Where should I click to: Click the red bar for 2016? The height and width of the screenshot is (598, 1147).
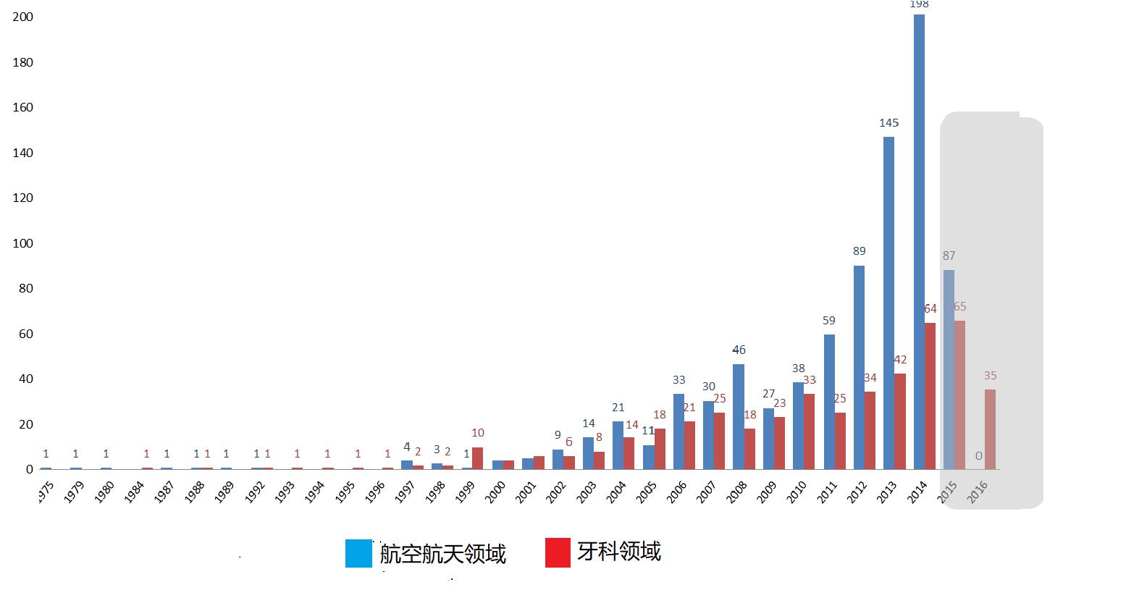pyautogui.click(x=990, y=429)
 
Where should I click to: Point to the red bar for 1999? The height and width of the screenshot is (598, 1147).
pyautogui.click(x=478, y=458)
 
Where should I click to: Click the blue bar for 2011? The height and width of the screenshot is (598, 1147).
pyautogui.click(x=829, y=401)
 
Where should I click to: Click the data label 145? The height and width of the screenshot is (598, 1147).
pyautogui.click(x=889, y=123)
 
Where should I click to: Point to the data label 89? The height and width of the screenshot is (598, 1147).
pyautogui.click(x=860, y=251)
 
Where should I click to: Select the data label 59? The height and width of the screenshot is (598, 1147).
pyautogui.click(x=829, y=320)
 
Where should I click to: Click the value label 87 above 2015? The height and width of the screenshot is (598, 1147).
pyautogui.click(x=949, y=256)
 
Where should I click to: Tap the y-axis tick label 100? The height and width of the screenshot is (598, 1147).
pyautogui.click(x=23, y=243)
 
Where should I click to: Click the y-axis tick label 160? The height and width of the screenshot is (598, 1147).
pyautogui.click(x=23, y=107)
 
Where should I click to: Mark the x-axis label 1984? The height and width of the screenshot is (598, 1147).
pyautogui.click(x=133, y=493)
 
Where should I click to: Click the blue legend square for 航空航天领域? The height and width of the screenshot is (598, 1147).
pyautogui.click(x=358, y=553)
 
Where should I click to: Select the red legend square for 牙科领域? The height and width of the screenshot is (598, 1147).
pyautogui.click(x=558, y=552)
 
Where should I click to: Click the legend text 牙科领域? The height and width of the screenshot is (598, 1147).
pyautogui.click(x=619, y=552)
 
